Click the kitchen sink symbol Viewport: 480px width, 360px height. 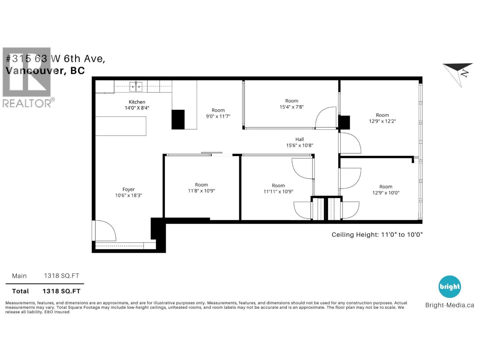[x=136, y=86]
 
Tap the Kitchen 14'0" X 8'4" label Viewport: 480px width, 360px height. [x=137, y=105]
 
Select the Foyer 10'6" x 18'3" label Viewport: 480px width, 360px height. [x=128, y=192]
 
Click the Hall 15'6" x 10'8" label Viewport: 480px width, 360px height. [x=299, y=142]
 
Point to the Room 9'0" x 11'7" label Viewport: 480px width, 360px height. [x=218, y=113]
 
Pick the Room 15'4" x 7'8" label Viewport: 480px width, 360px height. [x=292, y=104]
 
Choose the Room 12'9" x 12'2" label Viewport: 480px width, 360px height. [x=382, y=118]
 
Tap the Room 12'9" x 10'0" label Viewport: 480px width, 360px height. [x=385, y=190]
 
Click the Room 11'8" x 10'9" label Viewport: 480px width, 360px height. [x=201, y=188]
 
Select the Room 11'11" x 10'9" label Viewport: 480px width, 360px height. [x=278, y=188]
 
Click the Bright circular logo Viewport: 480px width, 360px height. [x=449, y=286]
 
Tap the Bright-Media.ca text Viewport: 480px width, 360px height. [x=449, y=305]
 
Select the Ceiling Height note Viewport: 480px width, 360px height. [x=377, y=235]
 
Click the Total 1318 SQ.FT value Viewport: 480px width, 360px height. [x=61, y=291]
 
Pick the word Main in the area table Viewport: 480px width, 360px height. [x=19, y=276]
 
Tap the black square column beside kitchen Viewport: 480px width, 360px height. [x=178, y=119]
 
